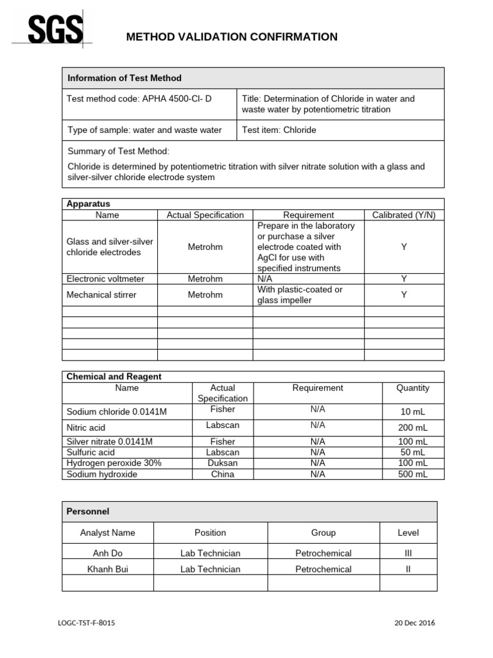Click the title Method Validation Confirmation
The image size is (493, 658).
pos(232,37)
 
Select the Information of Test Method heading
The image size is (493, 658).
pos(125,78)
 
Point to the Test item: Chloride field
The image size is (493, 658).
pos(279,130)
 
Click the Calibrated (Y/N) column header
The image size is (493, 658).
pos(404,215)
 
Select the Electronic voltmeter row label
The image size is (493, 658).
pos(105,279)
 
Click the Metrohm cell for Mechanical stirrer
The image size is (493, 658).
pos(205,295)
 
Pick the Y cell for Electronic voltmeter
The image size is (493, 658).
pos(404,279)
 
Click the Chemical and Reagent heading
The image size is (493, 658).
pos(114,377)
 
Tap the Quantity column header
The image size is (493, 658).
pos(413,388)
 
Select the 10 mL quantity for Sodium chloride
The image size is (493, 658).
pos(413,411)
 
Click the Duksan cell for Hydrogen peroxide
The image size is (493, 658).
pos(221,463)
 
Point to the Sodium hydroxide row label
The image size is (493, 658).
pos(102,474)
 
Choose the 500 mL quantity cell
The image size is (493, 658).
pos(413,474)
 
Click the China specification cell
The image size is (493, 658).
pos(221,474)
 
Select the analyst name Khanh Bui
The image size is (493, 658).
pos(108,569)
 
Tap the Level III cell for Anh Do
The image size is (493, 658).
pos(408,553)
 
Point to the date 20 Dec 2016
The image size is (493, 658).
pos(414,623)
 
